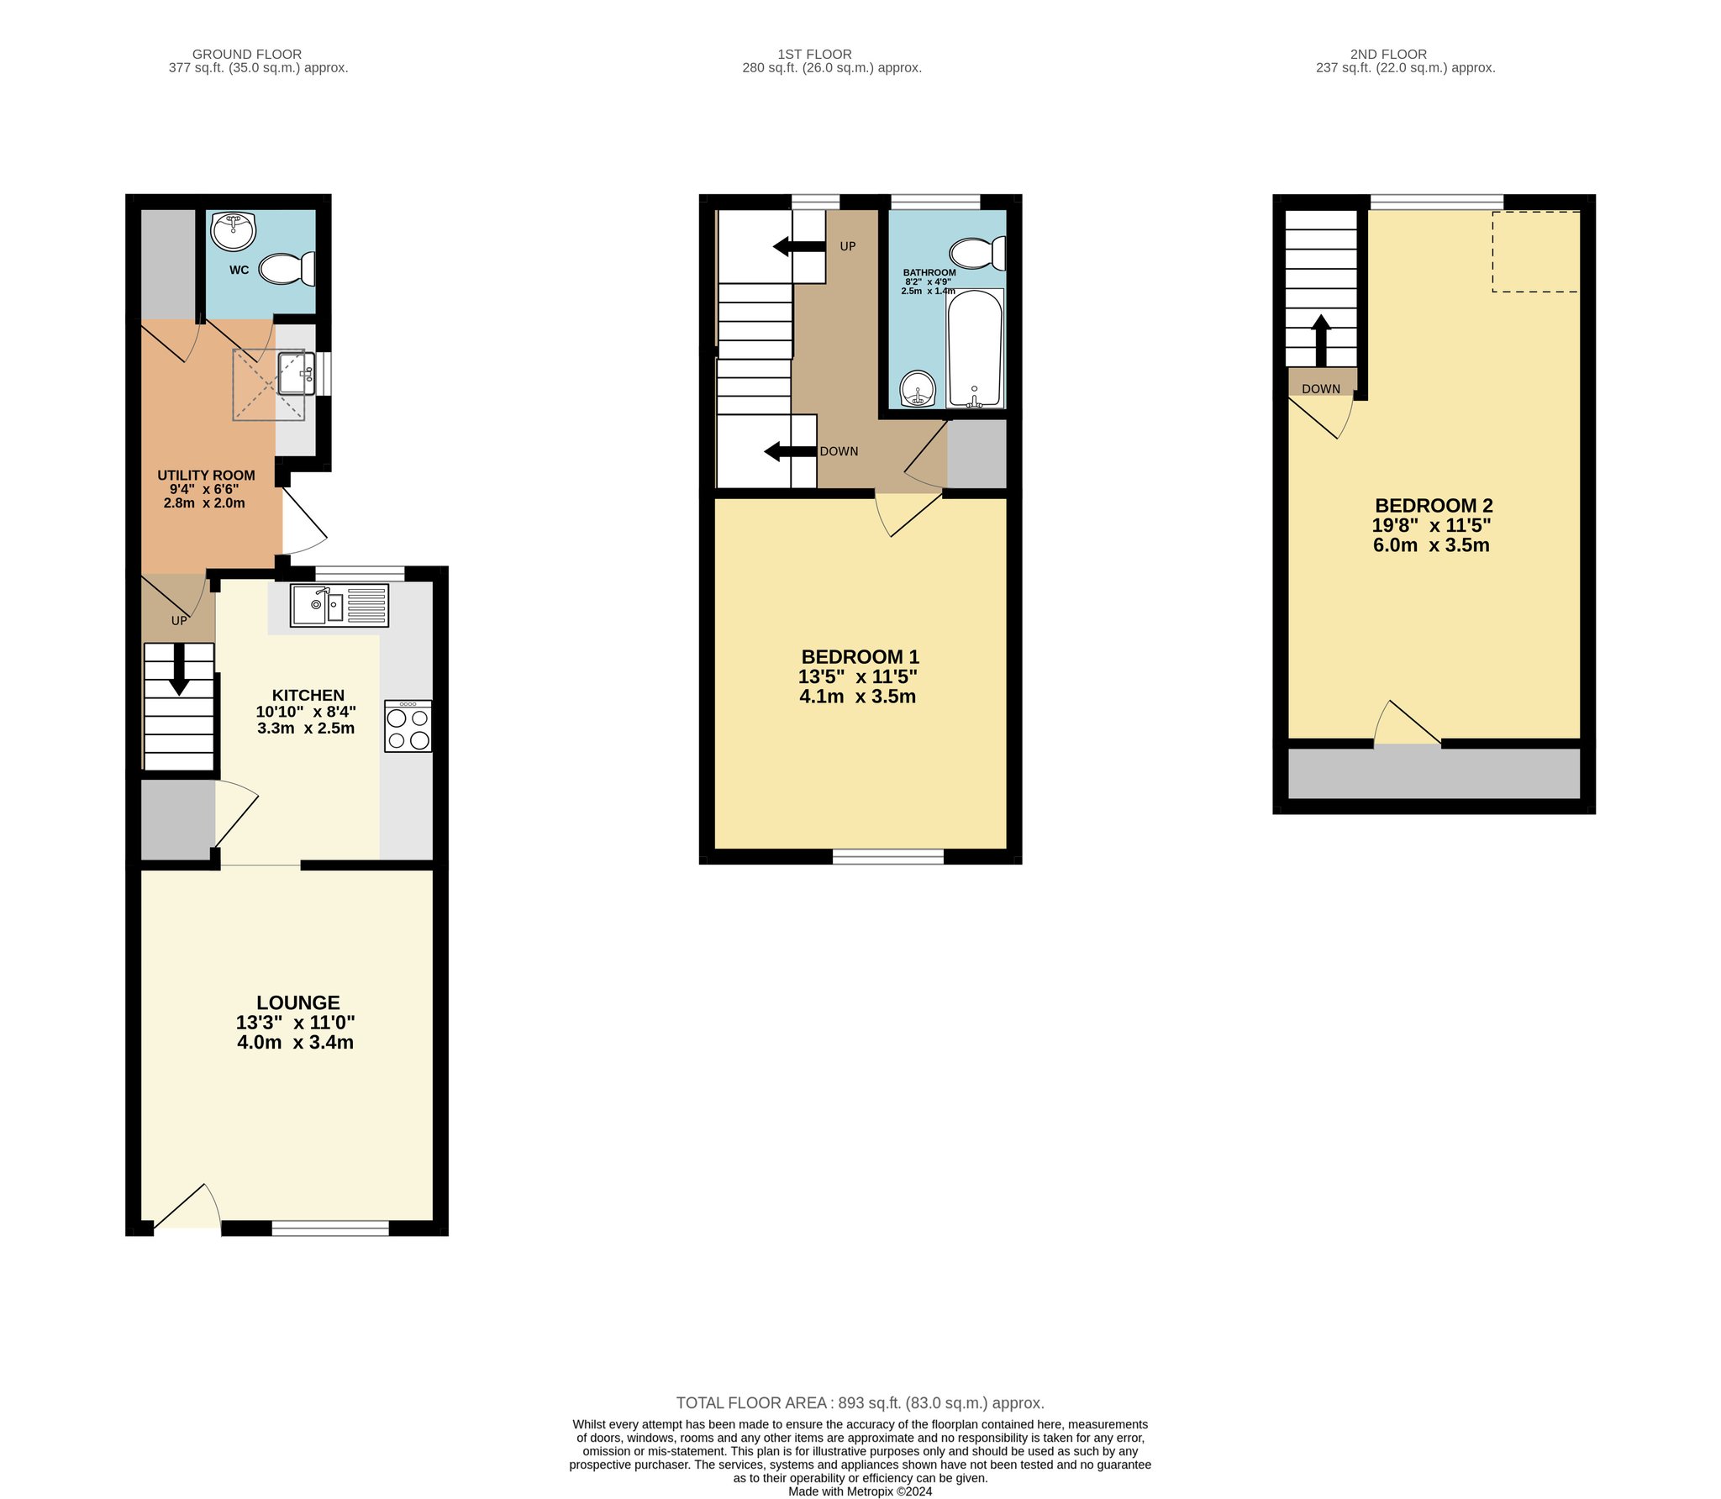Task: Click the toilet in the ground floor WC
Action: (287, 269)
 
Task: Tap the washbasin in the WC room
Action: (233, 231)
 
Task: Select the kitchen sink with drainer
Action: (339, 605)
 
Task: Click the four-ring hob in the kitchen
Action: (408, 727)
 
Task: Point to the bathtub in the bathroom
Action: (975, 349)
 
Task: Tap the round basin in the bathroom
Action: (918, 388)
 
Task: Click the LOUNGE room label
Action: (298, 1002)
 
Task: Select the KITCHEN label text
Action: (308, 695)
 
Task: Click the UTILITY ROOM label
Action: (206, 475)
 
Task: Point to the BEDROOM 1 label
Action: (860, 656)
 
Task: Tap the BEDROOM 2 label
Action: (1434, 505)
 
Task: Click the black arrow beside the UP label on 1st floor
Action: (799, 246)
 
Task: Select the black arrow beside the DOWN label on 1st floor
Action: (790, 451)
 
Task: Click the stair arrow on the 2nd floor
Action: (1321, 340)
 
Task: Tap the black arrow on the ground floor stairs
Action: (179, 670)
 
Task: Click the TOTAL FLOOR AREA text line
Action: (860, 1402)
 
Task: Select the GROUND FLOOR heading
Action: (247, 54)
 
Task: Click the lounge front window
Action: (330, 1228)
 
